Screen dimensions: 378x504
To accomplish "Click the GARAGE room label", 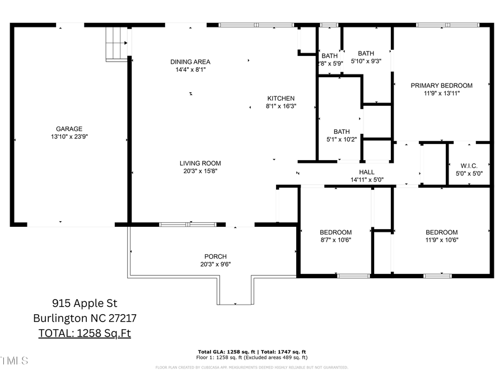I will (69, 129).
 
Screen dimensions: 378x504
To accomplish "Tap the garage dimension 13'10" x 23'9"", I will (69, 137).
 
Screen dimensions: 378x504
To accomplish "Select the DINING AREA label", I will (190, 62).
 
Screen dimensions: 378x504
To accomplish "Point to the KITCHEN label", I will (281, 98).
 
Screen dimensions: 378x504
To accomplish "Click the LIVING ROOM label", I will (200, 164).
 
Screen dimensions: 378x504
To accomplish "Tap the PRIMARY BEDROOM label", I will (441, 86).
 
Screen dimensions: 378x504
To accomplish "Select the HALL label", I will (367, 172).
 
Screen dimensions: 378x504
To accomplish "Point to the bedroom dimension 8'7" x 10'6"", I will (335, 240).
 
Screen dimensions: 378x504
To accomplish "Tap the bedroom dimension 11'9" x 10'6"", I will (441, 240).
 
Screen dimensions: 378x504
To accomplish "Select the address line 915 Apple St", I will (85, 304).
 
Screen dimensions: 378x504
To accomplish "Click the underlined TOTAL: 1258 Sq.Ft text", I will (85, 333).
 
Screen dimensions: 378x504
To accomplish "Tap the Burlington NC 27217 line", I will (85, 319).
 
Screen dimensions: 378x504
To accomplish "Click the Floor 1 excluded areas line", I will (251, 357).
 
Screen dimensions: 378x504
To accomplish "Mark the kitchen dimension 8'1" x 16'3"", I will (281, 106).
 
